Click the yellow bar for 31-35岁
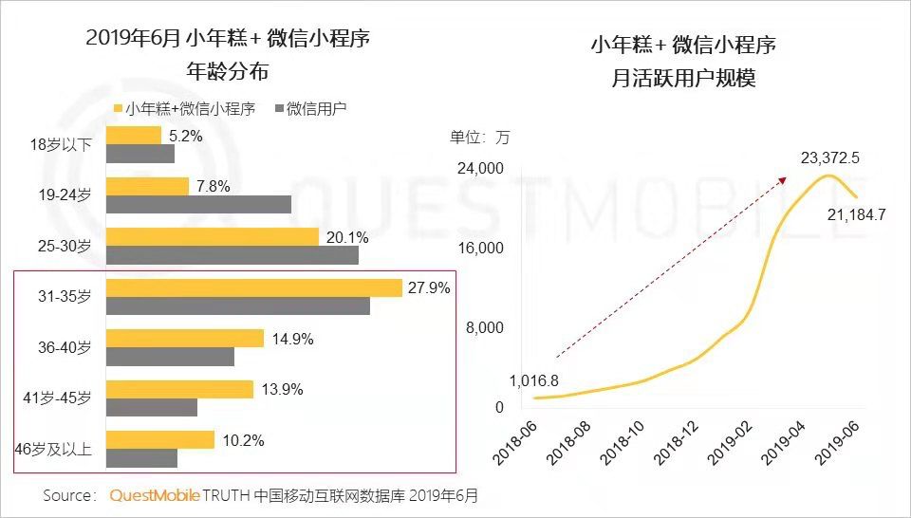point(254,287)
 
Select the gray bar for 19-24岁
point(198,204)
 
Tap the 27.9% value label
point(429,287)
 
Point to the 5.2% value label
point(186,136)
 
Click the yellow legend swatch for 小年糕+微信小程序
point(119,109)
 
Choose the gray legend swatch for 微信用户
point(278,109)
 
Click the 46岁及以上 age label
point(54,449)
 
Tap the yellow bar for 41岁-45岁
point(179,390)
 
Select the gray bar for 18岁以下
point(140,153)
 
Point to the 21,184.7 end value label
point(856,215)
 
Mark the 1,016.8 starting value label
point(534,380)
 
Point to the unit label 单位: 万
point(479,137)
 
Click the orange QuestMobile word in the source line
point(154,495)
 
